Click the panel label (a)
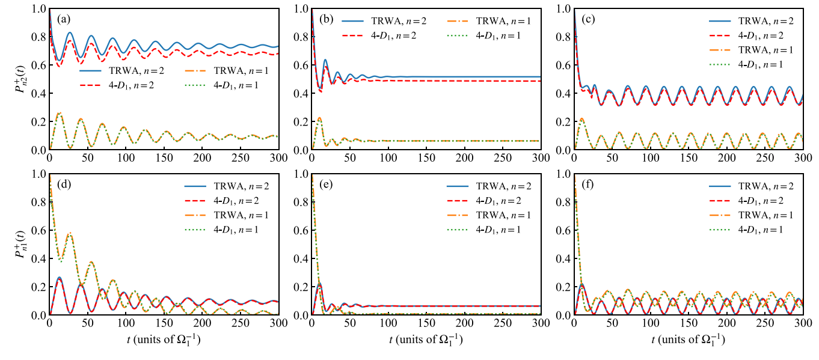tap(62, 19)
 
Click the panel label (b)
tap(325, 19)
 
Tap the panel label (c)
tap(587, 19)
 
